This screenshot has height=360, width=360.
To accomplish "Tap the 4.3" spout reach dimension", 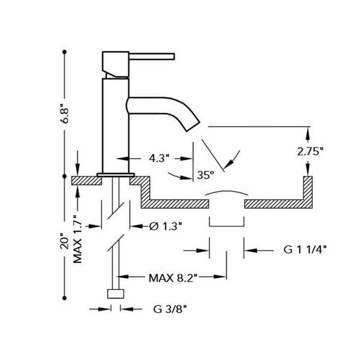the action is [x=159, y=158].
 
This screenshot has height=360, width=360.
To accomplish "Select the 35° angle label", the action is [x=206, y=175].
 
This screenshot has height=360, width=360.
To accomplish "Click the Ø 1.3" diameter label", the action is [x=165, y=226].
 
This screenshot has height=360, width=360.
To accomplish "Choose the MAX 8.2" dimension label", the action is [x=173, y=278].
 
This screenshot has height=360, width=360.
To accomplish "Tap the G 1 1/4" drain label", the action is [x=305, y=250].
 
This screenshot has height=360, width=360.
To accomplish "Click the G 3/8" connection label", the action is [x=170, y=309].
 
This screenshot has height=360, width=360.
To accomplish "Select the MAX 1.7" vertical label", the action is [x=77, y=239].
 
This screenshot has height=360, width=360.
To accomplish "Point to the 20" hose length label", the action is [x=65, y=241].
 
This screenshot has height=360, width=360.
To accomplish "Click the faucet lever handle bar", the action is [x=152, y=57].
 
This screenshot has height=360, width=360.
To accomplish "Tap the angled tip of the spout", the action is [x=193, y=126].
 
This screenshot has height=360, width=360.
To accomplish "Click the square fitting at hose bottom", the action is [x=116, y=294].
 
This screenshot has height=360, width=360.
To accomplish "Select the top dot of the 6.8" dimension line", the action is [x=64, y=52].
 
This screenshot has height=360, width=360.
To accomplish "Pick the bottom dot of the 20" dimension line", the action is [x=64, y=298].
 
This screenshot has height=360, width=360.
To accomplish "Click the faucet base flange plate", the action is [x=116, y=175].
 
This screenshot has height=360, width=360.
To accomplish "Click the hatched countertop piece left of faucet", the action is [x=87, y=181].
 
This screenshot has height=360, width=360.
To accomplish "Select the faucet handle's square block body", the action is [x=116, y=64].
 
